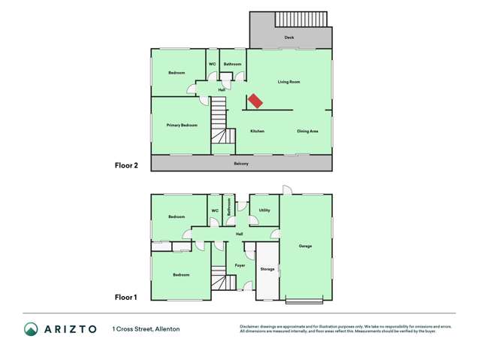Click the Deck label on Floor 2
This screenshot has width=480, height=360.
(x=289, y=37)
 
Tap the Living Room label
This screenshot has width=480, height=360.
(x=289, y=82)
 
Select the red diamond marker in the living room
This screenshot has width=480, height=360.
(x=255, y=101)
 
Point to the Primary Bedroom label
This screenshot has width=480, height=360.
(x=182, y=126)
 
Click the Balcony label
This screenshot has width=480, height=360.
(x=241, y=164)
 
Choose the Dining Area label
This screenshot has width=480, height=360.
(x=307, y=132)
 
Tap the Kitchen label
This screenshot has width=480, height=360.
(x=257, y=132)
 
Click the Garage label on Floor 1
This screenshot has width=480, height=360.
(x=305, y=246)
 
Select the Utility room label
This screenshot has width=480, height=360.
(x=264, y=210)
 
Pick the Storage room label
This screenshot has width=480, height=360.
(x=267, y=268)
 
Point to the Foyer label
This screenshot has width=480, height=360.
(x=240, y=265)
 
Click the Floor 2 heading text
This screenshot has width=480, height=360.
(x=125, y=165)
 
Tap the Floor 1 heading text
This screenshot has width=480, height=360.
(x=125, y=298)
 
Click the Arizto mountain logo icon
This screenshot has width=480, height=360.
(x=32, y=328)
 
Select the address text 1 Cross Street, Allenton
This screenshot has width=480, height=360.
(x=146, y=329)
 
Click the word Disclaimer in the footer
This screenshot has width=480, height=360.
(x=249, y=326)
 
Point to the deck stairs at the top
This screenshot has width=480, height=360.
(x=301, y=19)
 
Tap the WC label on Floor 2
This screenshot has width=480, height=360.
(x=212, y=65)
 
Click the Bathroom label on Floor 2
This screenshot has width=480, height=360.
(x=233, y=65)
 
